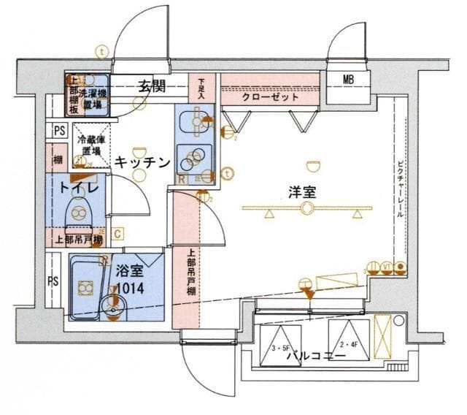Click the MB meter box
[x=351, y=80]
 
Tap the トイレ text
[x=75, y=188]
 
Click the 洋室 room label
[x=301, y=192]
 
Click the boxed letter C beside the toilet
[x=117, y=234]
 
